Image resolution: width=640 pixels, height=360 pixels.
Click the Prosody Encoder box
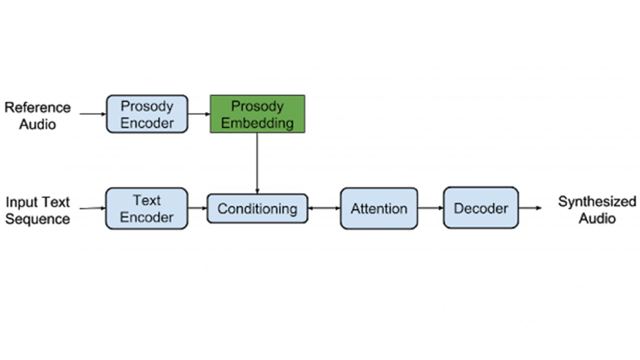tap(147, 114)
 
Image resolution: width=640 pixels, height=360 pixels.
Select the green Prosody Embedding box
tap(257, 114)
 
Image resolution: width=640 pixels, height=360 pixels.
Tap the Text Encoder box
tap(147, 209)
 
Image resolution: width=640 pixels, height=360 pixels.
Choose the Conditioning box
tap(257, 209)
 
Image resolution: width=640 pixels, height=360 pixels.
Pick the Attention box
tap(379, 208)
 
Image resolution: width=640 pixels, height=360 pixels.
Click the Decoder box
tap(481, 208)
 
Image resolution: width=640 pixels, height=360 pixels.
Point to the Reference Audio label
tap(38, 116)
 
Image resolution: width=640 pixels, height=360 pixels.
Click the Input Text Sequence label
tap(38, 210)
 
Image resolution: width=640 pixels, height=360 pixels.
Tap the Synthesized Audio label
tap(597, 210)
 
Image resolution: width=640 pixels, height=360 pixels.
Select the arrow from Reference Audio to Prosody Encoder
tap(93, 114)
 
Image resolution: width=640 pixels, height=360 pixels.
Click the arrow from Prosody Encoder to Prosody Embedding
tap(199, 114)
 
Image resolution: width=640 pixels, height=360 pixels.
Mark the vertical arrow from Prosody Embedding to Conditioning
tap(257, 163)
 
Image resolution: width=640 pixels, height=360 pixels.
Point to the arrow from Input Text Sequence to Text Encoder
tap(93, 208)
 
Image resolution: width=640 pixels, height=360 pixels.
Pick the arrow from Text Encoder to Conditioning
tap(198, 208)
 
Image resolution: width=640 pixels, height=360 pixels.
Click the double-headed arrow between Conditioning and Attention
tap(324, 208)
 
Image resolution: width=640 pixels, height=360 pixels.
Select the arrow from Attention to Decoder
tap(430, 208)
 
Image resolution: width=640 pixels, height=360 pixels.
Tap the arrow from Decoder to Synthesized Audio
tap(530, 208)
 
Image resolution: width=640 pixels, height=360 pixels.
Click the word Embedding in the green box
tap(257, 123)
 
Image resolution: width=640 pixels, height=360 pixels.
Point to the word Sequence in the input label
tap(38, 219)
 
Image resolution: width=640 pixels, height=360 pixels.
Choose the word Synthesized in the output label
tap(597, 202)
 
